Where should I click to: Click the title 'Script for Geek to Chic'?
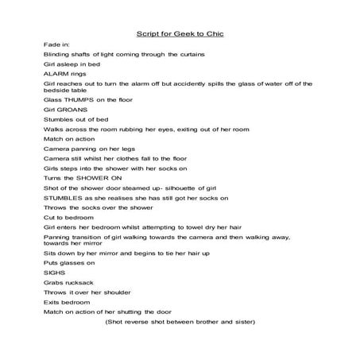click(180, 33)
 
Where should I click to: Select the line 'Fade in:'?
click(56, 48)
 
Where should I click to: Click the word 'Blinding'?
click(57, 56)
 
